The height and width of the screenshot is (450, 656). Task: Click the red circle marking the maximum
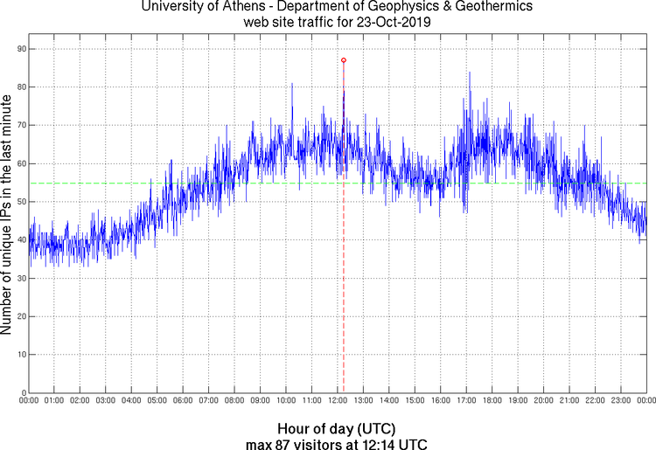tap(344, 60)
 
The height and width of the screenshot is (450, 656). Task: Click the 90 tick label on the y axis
tap(19, 49)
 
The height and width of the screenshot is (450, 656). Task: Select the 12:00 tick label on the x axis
tap(338, 400)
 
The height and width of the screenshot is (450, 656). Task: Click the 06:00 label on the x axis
tap(183, 400)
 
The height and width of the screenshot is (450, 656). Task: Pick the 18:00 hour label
tap(492, 400)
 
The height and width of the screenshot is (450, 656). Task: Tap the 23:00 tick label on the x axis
tap(621, 400)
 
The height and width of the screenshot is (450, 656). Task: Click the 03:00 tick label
tap(106, 400)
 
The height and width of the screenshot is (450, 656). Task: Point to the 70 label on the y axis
tap(19, 125)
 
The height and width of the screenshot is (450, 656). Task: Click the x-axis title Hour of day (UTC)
tap(337, 429)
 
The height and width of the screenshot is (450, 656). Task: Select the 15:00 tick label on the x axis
tap(415, 400)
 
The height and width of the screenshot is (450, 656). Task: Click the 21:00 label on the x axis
tap(569, 400)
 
